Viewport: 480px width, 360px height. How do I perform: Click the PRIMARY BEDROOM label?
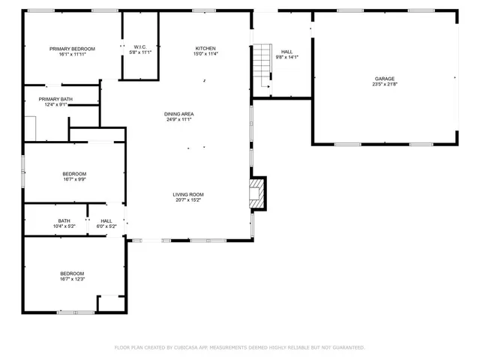point(73,49)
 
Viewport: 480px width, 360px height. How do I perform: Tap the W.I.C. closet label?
point(140,46)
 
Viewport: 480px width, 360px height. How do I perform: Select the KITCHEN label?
point(205,48)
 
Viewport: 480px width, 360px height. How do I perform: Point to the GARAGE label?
point(385,79)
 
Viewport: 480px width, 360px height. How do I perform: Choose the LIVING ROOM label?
point(188,194)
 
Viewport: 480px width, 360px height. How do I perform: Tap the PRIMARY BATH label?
point(55,99)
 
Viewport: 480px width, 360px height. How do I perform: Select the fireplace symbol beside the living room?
point(257,192)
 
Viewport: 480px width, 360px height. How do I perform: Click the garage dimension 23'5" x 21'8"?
point(385,84)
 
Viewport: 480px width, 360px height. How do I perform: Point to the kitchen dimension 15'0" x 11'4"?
point(205,54)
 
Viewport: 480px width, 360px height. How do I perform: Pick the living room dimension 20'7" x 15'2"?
point(188,200)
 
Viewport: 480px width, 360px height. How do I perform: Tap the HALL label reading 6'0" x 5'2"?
point(106,220)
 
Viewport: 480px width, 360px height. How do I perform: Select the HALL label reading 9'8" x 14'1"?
point(287,52)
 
